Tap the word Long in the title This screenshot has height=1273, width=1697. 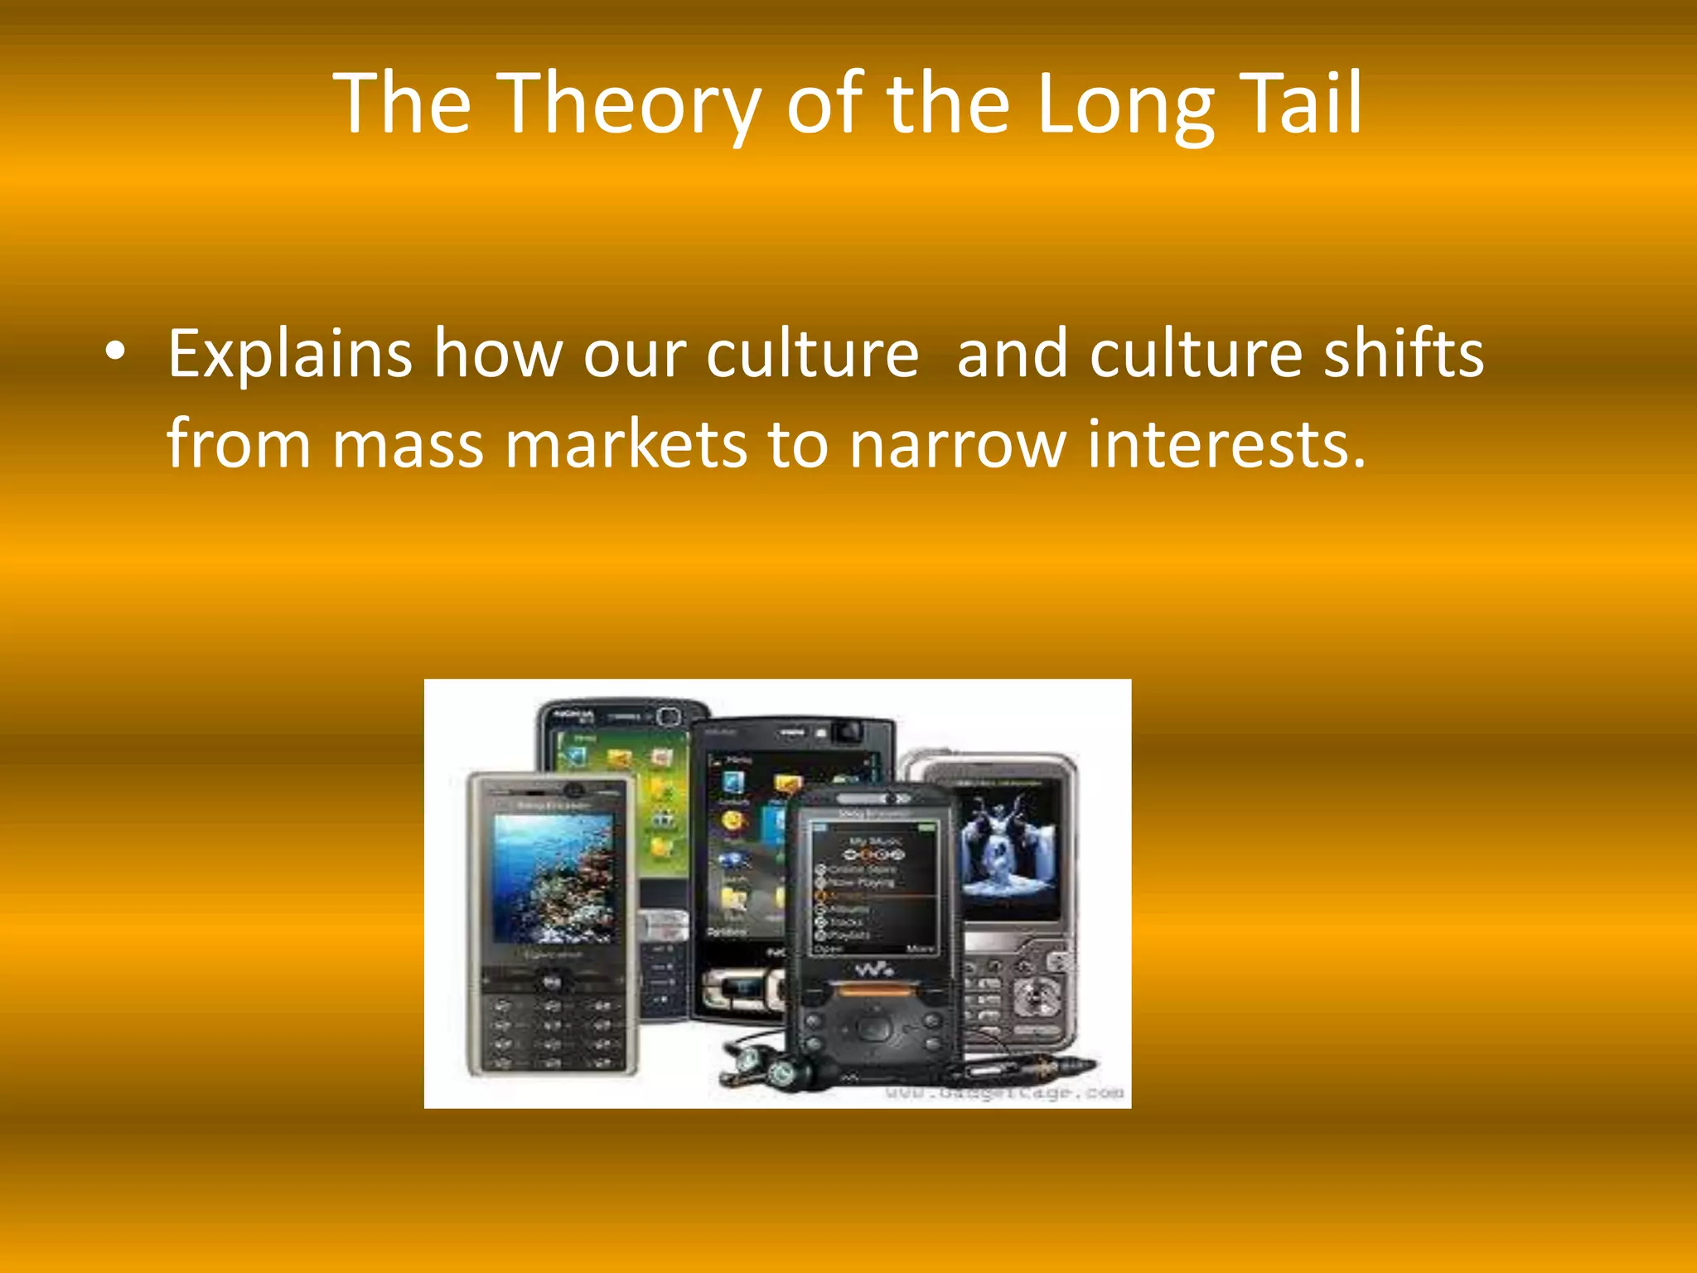(x=1125, y=104)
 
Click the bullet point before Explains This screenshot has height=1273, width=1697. (x=116, y=352)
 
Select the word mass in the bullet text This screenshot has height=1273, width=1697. (x=408, y=446)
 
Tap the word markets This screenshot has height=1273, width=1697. (x=626, y=446)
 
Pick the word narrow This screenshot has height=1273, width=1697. (x=958, y=446)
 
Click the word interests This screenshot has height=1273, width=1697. (x=1226, y=446)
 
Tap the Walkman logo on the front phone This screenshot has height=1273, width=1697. (x=873, y=969)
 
